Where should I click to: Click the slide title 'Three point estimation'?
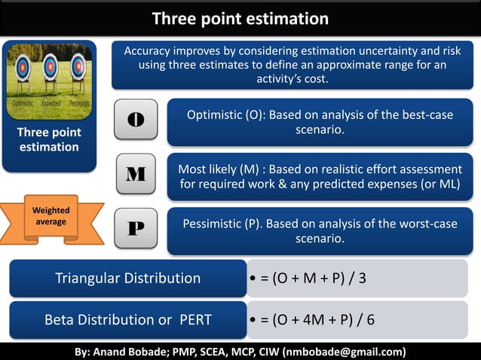coord(240,18)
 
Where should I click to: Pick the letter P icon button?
coord(136,227)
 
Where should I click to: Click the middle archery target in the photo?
coord(51,68)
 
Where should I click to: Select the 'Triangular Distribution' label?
coord(127,278)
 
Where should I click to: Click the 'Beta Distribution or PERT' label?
coord(127,319)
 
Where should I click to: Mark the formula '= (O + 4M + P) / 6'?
coord(317,319)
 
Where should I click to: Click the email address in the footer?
coord(344,352)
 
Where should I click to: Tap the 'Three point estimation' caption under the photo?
coord(50,139)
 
